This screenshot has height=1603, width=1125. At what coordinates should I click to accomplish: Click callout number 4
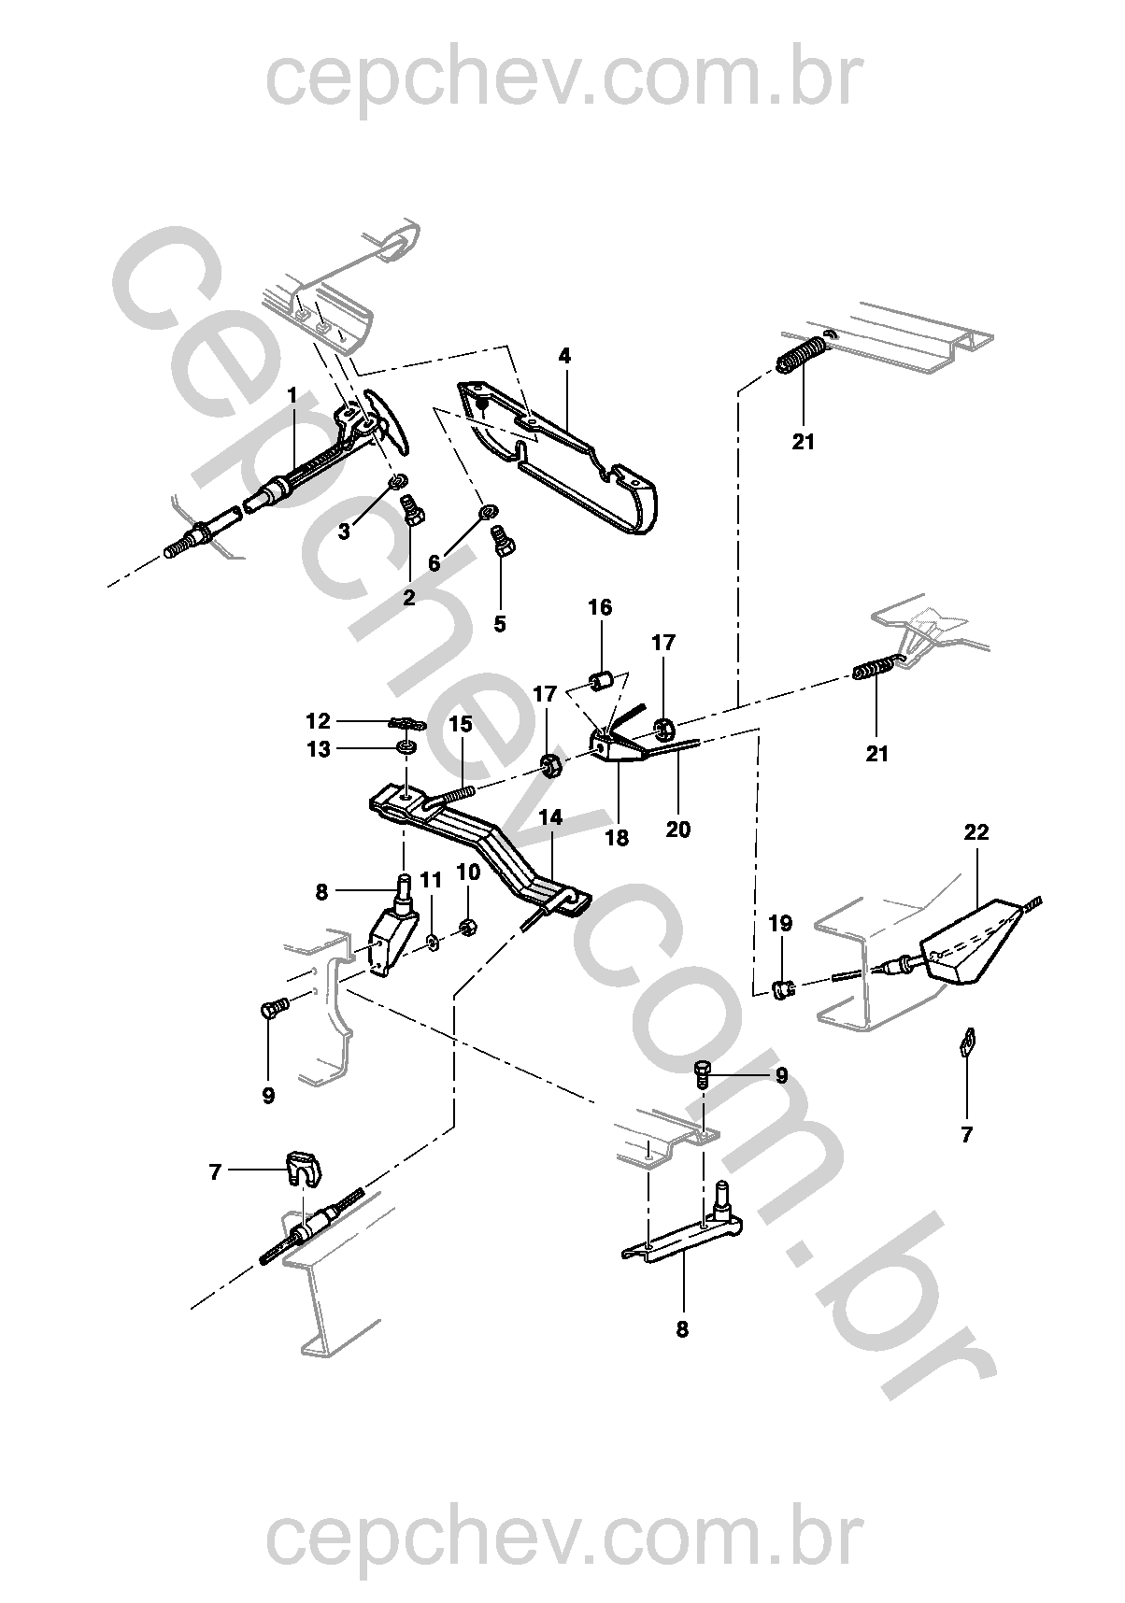(564, 356)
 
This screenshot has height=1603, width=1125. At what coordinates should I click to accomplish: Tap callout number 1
(292, 396)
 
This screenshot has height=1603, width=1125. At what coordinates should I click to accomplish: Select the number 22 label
(975, 831)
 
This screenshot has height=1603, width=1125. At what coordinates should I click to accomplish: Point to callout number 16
(599, 607)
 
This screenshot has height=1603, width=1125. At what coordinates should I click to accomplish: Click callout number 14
(551, 817)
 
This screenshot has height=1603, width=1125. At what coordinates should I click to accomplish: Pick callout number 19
(780, 924)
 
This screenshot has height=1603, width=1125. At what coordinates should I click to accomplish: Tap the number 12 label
(319, 721)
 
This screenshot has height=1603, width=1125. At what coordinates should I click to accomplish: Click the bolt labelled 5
(502, 541)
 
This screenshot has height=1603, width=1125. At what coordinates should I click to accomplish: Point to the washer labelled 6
(487, 511)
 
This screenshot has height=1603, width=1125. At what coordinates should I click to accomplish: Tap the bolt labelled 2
(412, 511)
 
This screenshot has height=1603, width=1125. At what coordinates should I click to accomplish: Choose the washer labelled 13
(407, 747)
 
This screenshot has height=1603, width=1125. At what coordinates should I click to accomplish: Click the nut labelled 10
(469, 928)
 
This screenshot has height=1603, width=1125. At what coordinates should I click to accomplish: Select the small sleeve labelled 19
(784, 986)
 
